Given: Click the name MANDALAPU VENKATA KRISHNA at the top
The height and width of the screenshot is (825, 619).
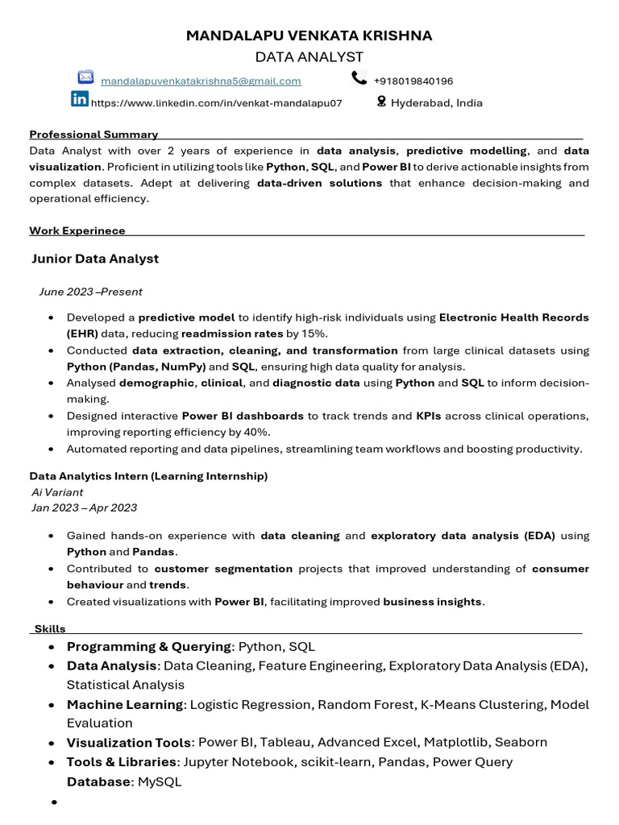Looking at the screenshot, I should pyautogui.click(x=309, y=35).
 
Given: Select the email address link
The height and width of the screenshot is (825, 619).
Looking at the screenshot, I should pyautogui.click(x=201, y=81).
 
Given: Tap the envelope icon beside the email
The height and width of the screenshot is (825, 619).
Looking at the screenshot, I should pyautogui.click(x=85, y=77).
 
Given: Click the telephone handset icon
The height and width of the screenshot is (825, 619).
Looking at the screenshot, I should pyautogui.click(x=359, y=77).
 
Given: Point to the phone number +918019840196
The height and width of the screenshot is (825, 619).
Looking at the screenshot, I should pyautogui.click(x=413, y=81).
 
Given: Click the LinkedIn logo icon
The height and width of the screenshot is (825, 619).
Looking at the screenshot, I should pyautogui.click(x=80, y=99).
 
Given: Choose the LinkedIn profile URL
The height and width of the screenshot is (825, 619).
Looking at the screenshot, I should pyautogui.click(x=217, y=103).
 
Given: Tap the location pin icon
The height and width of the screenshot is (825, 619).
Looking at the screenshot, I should pyautogui.click(x=381, y=102).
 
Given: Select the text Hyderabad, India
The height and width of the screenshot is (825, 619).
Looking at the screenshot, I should pyautogui.click(x=437, y=103).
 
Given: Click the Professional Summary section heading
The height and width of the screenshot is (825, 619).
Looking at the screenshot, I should pyautogui.click(x=93, y=135).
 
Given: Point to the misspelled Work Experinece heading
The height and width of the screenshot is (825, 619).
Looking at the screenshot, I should pyautogui.click(x=77, y=231).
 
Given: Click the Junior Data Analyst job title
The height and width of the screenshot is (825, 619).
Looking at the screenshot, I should pyautogui.click(x=95, y=259).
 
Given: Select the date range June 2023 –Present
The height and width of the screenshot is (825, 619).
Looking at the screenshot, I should pyautogui.click(x=90, y=292).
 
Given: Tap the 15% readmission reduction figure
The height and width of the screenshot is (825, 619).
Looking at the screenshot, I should pyautogui.click(x=315, y=334).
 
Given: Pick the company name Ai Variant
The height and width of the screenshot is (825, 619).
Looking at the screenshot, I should pyautogui.click(x=56, y=491).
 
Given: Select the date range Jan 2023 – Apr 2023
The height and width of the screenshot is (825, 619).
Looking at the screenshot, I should pyautogui.click(x=83, y=508).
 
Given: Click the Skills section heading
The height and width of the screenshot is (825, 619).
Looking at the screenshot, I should pyautogui.click(x=50, y=628).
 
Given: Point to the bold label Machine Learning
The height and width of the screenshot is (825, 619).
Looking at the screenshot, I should pyautogui.click(x=125, y=705).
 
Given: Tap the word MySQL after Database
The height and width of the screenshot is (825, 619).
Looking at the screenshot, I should pyautogui.click(x=160, y=781).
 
